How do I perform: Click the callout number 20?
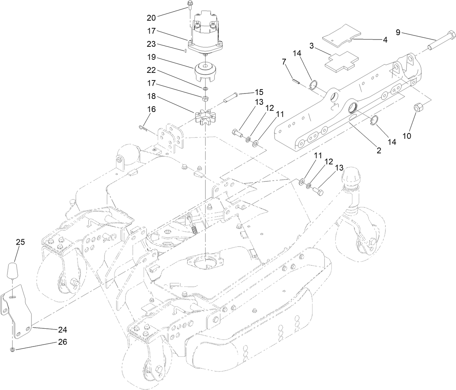(x=152, y=17)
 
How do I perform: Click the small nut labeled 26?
(x=12, y=349)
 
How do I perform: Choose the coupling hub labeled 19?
(x=205, y=72)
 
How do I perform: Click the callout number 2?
(x=378, y=150)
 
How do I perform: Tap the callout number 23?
(x=152, y=44)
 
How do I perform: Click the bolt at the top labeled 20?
(x=190, y=5)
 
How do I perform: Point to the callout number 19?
(x=152, y=57)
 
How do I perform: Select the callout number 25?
(x=20, y=242)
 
